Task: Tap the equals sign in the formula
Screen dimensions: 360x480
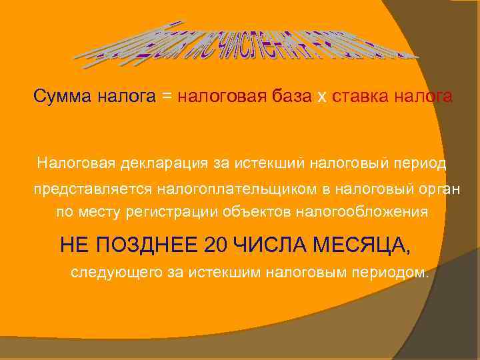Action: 166,97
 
